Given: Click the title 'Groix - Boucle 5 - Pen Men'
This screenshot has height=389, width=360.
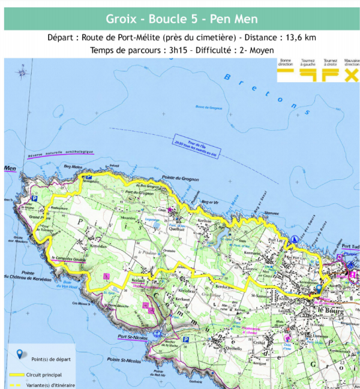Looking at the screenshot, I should (x=181, y=19).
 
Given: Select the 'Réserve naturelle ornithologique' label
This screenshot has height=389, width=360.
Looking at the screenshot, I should (x=61, y=155).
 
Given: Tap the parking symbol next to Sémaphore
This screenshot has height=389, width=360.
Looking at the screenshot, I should (x=88, y=177).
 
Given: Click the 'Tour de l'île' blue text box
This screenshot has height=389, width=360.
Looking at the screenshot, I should (x=185, y=141).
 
